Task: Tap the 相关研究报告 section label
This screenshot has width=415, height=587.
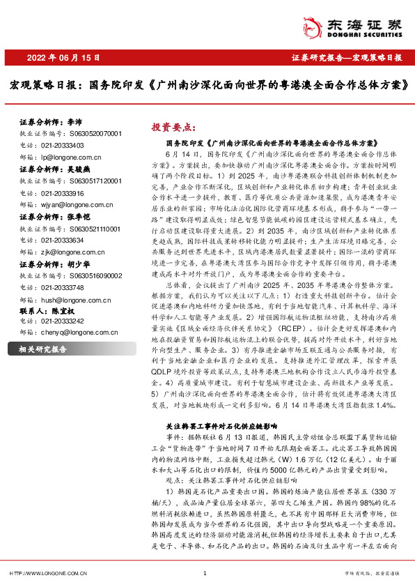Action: tap(42, 349)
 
